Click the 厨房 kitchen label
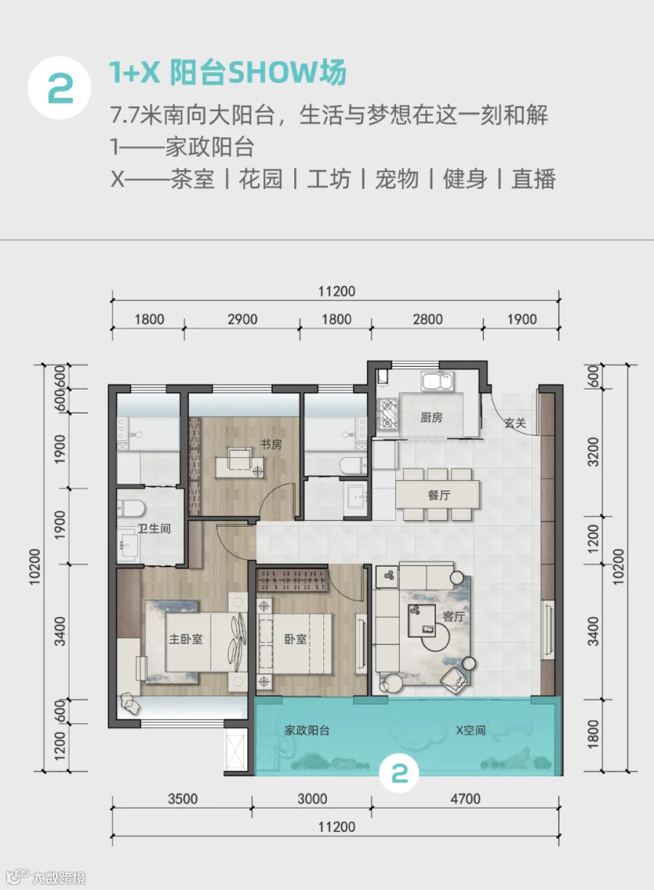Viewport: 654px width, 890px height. click(431, 418)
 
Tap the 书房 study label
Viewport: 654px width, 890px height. click(271, 445)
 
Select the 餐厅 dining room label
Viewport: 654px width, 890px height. click(439, 495)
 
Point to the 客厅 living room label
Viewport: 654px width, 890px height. click(453, 617)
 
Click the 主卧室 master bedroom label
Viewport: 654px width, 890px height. click(185, 639)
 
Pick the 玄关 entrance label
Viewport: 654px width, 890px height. click(515, 423)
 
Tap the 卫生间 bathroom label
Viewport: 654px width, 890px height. click(154, 528)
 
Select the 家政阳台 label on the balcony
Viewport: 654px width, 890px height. click(307, 730)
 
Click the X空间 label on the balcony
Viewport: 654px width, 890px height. click(470, 730)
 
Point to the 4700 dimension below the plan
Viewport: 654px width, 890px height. click(465, 798)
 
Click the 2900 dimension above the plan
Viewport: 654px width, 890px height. click(243, 320)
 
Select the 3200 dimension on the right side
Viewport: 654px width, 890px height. click(593, 452)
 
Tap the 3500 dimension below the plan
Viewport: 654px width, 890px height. click(183, 798)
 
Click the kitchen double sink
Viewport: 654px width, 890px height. click(438, 381)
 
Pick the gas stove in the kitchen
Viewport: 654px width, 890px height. click(387, 414)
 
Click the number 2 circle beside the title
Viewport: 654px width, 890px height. click(60, 88)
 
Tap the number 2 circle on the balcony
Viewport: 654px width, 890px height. click(399, 774)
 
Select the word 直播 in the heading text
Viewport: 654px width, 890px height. click(533, 179)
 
